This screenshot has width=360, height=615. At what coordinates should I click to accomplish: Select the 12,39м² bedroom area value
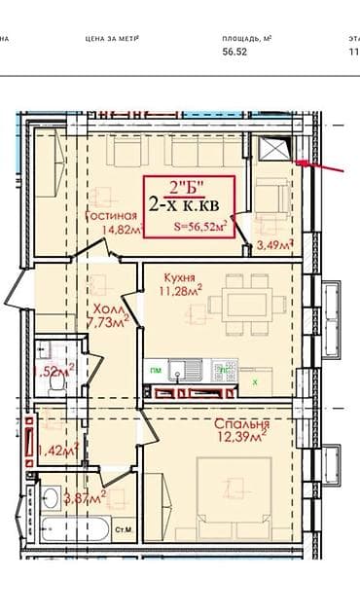point(241,441)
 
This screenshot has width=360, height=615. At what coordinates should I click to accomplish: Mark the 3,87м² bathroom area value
point(84,496)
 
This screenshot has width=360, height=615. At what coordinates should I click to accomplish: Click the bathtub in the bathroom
point(80,532)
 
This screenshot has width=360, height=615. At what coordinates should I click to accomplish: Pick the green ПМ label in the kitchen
point(154,370)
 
